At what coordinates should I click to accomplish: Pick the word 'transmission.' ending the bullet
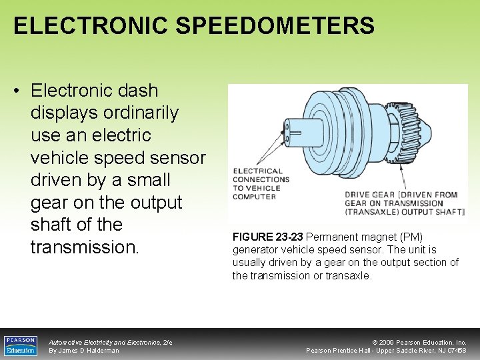(85, 247)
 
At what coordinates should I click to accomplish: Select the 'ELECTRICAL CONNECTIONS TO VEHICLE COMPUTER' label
(261, 184)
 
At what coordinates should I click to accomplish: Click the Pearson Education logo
(20, 345)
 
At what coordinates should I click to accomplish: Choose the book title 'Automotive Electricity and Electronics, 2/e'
(111, 342)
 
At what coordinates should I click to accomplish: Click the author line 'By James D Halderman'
(84, 351)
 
